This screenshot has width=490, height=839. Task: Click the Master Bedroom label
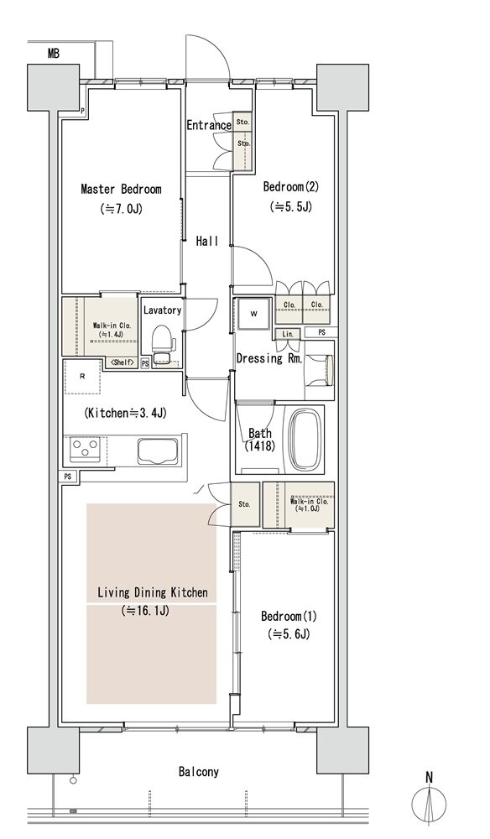coord(121,190)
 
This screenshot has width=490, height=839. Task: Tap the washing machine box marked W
coord(253,314)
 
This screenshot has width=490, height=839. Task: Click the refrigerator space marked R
coord(82,376)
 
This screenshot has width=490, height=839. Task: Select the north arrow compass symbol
coord(429,802)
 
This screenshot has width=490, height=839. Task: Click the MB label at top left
coord(53,53)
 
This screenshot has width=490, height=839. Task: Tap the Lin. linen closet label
coord(289,334)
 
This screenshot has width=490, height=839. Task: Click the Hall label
coord(206,242)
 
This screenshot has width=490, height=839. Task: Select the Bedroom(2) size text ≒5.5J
coord(291,206)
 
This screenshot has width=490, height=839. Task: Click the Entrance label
coord(209,125)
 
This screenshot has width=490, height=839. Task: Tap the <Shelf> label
coord(123,363)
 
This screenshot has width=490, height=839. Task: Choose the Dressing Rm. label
coord(269,358)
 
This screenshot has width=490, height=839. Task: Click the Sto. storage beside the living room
coord(244,503)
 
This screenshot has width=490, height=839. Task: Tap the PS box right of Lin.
coord(321,332)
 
